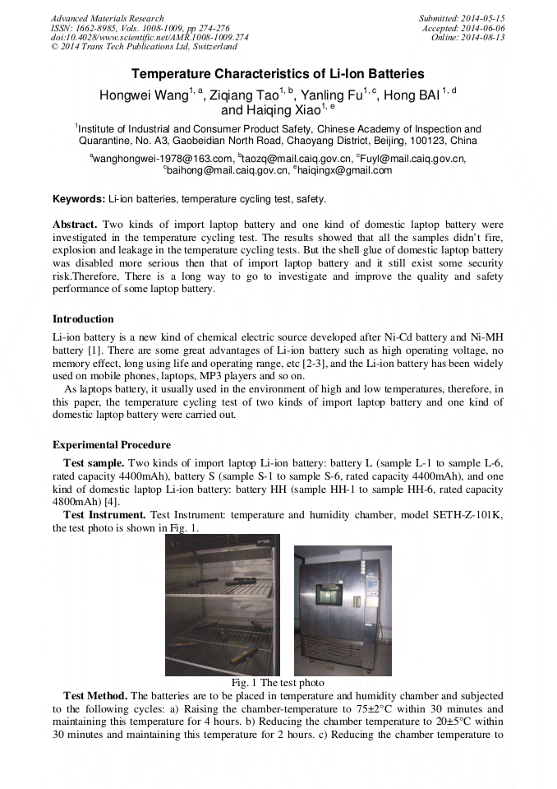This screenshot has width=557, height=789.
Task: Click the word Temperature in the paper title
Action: [x=171, y=74]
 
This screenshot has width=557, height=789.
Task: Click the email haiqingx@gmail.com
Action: [x=333, y=170]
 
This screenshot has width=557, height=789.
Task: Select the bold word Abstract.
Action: [x=75, y=225]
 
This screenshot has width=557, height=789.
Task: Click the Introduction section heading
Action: [x=83, y=319]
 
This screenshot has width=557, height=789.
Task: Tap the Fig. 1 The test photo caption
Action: [x=278, y=683]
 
